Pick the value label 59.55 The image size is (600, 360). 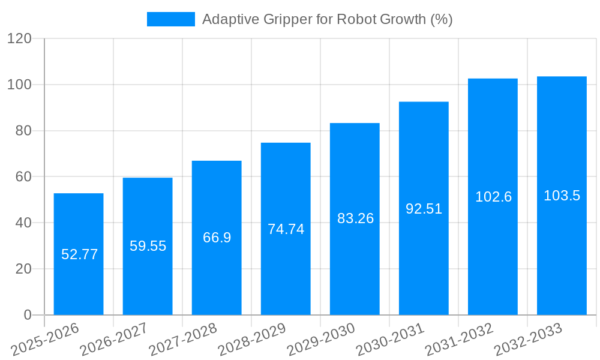pos(148,246)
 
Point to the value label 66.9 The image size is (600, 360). pos(217,238)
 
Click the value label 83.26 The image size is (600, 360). pos(355,218)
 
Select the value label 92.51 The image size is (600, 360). pos(424,209)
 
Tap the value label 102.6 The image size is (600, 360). pos(493,197)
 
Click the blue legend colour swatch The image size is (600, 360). pos(171,19)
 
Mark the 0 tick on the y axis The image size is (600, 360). pos(27,315)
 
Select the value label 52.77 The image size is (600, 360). pos(79,254)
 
